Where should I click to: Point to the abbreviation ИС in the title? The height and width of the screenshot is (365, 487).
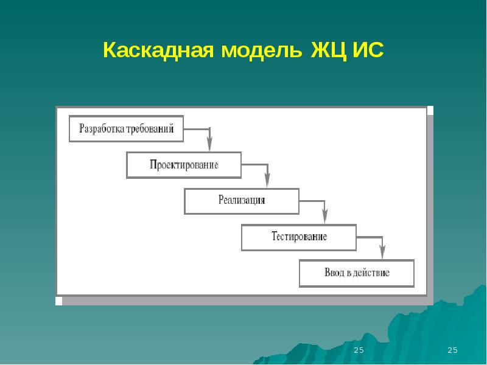pyautogui.click(x=367, y=50)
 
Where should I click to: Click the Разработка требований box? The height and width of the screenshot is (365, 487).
pyautogui.click(x=126, y=128)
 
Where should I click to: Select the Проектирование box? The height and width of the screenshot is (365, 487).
pyautogui.click(x=183, y=165)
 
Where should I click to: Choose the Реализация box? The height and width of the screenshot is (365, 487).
pyautogui.click(x=242, y=201)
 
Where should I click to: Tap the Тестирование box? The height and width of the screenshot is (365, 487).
pyautogui.click(x=299, y=237)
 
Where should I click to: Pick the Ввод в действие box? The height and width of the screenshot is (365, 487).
pyautogui.click(x=357, y=273)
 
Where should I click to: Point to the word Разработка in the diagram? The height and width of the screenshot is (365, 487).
pyautogui.click(x=101, y=128)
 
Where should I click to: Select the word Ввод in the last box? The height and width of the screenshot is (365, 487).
pyautogui.click(x=334, y=273)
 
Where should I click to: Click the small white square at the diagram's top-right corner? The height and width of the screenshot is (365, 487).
pyautogui.click(x=430, y=110)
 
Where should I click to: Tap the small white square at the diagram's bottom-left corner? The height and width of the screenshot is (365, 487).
pyautogui.click(x=58, y=301)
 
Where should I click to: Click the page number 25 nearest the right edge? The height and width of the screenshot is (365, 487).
pyautogui.click(x=452, y=350)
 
